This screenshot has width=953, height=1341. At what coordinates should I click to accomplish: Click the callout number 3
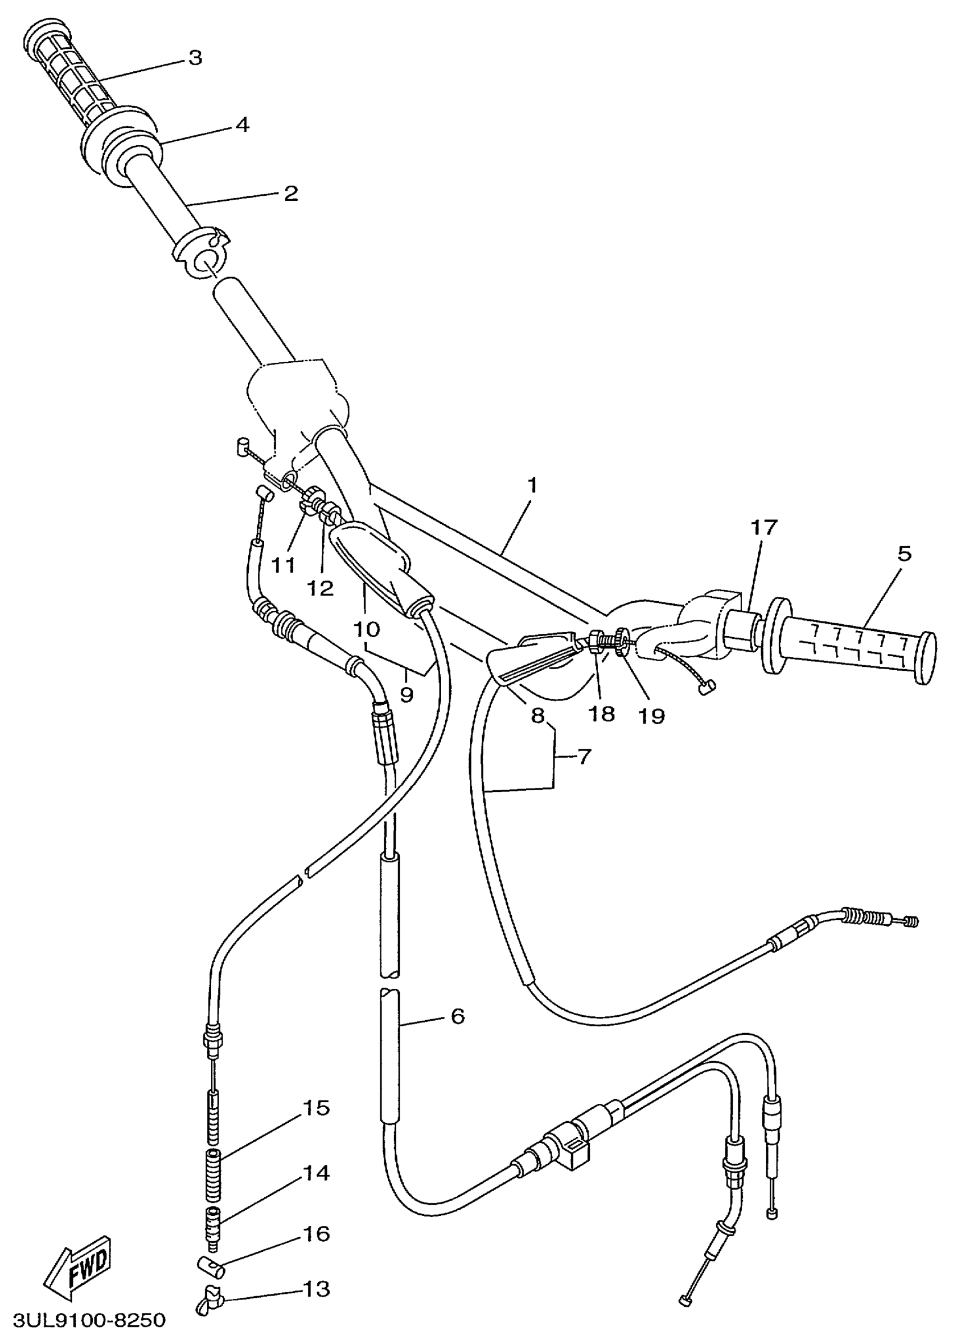tap(195, 58)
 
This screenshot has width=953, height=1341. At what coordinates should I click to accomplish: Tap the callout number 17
tap(763, 527)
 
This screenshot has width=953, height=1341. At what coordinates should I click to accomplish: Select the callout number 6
tap(458, 1016)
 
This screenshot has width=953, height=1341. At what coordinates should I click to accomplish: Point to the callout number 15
tap(316, 1108)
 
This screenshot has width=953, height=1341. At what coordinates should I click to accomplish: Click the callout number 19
tap(651, 716)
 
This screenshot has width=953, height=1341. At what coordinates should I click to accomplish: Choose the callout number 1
tap(532, 486)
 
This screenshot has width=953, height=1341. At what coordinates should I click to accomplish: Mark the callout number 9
tap(406, 694)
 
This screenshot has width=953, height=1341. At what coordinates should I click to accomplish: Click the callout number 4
tap(242, 125)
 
